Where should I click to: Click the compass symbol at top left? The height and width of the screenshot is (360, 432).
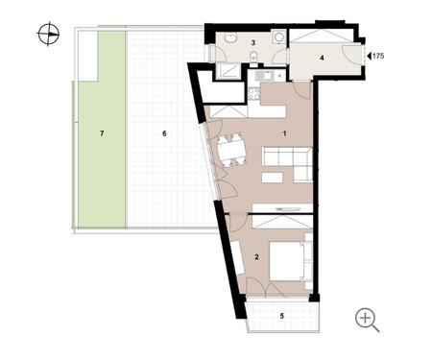coord(49,34)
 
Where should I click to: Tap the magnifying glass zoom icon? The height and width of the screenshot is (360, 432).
coord(367,320)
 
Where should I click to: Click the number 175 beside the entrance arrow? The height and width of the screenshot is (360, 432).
coord(378,56)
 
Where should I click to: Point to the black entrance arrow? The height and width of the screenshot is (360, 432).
coord(369,56)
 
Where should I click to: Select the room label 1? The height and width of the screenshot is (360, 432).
coord(285,133)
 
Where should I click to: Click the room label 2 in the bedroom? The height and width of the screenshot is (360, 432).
coord(256,256)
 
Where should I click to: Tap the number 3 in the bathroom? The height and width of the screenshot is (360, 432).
coord(253,42)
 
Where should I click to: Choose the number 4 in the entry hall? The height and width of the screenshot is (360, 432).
coord(322,58)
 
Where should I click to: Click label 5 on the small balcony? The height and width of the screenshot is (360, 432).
coord(282,316)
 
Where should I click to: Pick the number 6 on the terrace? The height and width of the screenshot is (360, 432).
coord(164,133)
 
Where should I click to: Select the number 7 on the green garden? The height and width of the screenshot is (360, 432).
coord(102,133)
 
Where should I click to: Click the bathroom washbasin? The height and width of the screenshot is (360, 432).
coord(230,37)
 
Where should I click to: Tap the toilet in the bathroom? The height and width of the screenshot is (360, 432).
coord(253,57)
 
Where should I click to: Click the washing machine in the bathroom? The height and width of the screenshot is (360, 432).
coord(279,36)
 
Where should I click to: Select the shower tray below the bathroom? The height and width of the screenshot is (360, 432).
coord(228,71)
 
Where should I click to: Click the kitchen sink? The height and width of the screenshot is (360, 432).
coord(263,76)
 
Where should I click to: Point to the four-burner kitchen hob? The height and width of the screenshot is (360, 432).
coord(254,93)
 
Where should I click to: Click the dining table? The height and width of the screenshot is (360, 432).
coord(231,151)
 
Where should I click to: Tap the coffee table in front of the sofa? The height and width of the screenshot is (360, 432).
coord(272,178)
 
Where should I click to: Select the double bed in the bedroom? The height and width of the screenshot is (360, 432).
coord(287,261)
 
